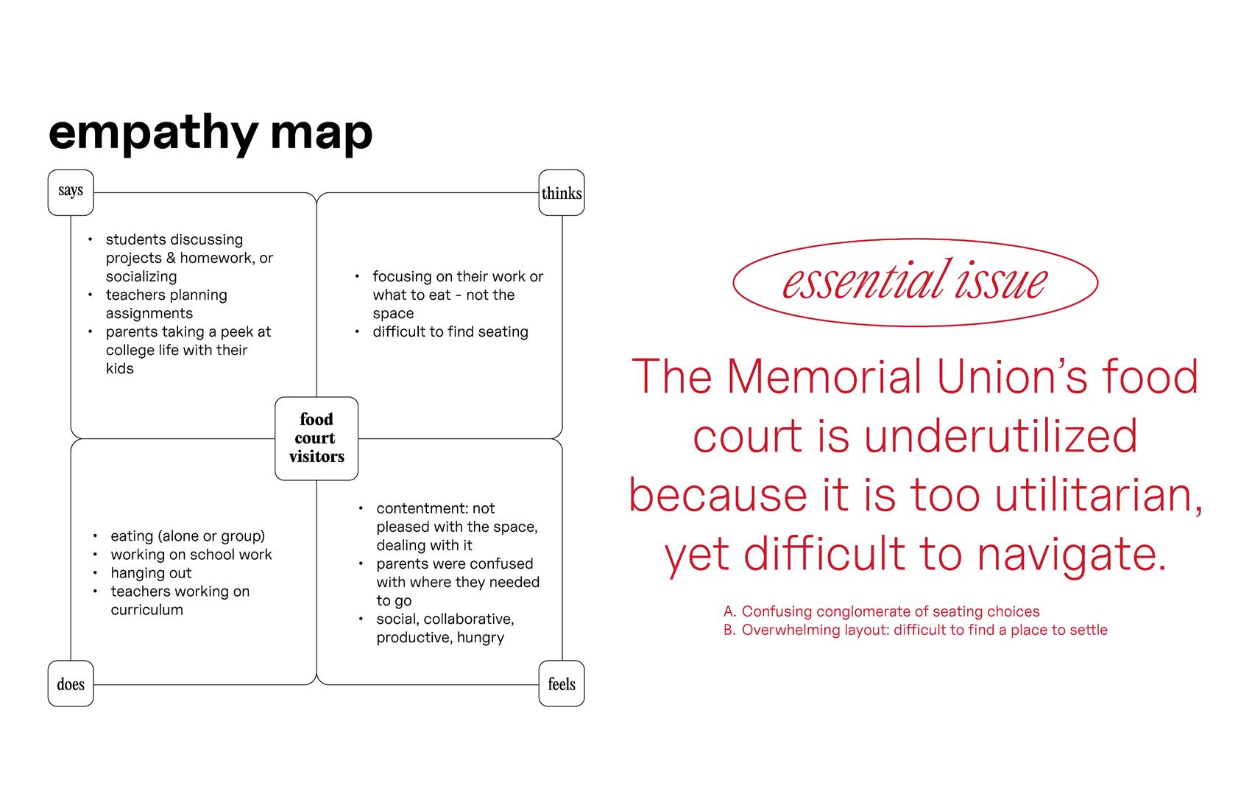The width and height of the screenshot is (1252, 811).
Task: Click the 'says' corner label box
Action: pos(71,192)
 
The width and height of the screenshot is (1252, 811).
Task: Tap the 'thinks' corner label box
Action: pos(562,193)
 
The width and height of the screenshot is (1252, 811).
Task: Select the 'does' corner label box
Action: pos(71,684)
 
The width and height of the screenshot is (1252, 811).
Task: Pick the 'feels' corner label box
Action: pos(562,684)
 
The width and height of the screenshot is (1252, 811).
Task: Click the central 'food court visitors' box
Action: pos(316,438)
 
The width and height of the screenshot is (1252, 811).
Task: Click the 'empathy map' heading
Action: pos(211,133)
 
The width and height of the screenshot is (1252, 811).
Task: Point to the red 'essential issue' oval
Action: pos(915,281)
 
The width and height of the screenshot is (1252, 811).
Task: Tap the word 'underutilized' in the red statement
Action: pos(1001,435)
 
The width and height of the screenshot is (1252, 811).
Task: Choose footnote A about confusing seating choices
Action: pos(881,611)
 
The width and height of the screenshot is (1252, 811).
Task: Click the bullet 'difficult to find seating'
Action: pos(450,331)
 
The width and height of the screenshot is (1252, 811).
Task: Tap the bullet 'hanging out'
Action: pos(151,573)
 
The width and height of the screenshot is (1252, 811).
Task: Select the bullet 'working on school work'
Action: pos(191,555)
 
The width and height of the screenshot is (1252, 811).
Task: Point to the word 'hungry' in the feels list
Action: pos(481,637)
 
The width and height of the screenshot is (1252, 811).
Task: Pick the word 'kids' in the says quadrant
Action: pos(120,368)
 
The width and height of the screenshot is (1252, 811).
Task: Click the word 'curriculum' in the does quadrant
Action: pos(146,610)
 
